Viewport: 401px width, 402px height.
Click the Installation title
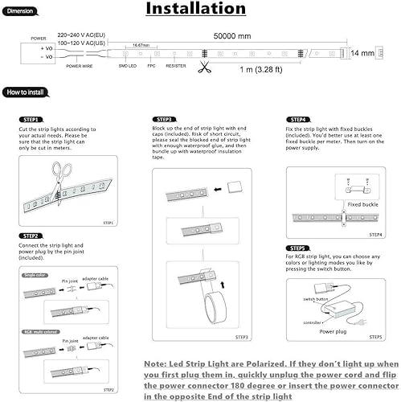196,10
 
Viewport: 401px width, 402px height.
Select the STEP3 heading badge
162,119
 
